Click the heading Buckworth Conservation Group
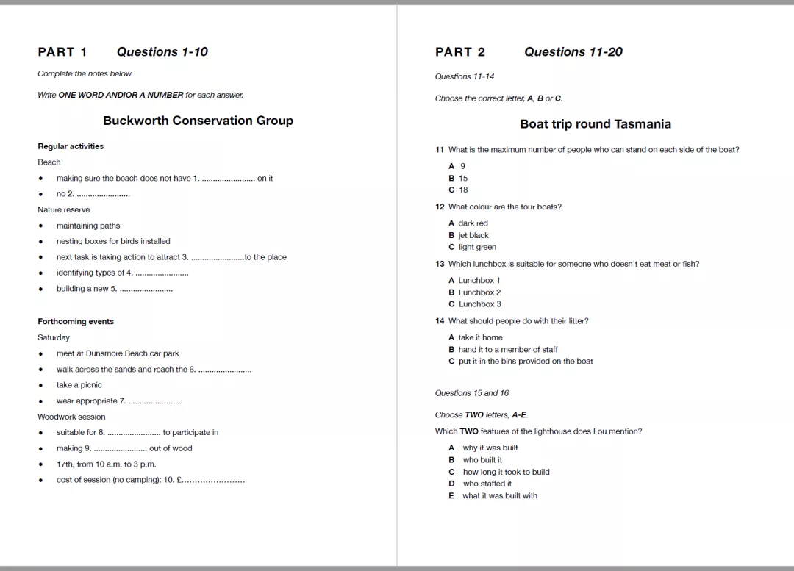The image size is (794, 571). click(x=198, y=121)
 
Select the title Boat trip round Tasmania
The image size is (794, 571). click(x=595, y=124)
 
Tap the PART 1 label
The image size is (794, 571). click(x=62, y=51)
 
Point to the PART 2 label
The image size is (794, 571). click(x=460, y=51)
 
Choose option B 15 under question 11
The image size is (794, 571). click(x=459, y=178)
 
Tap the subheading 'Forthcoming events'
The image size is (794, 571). click(x=76, y=321)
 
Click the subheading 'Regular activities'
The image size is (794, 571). click(x=71, y=146)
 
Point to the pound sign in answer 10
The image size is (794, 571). click(x=179, y=480)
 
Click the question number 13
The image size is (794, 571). click(x=440, y=264)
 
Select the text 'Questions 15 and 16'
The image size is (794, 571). click(x=471, y=393)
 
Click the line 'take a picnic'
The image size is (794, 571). click(x=79, y=385)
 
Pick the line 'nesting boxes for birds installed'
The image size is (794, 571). click(x=113, y=241)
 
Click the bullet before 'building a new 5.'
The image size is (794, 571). click(x=40, y=289)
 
